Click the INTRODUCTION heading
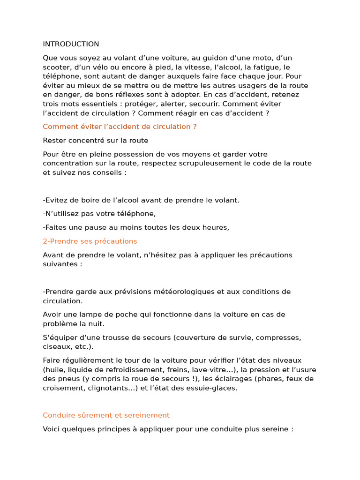tap(71, 44)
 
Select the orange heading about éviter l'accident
tap(120, 127)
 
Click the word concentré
tap(88, 140)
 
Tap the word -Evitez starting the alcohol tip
tap(54, 200)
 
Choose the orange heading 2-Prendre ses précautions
tap(90, 241)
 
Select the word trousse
tap(112, 337)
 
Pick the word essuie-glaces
tap(214, 388)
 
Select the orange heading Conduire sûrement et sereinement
tap(106, 415)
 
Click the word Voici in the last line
tap(52, 429)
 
